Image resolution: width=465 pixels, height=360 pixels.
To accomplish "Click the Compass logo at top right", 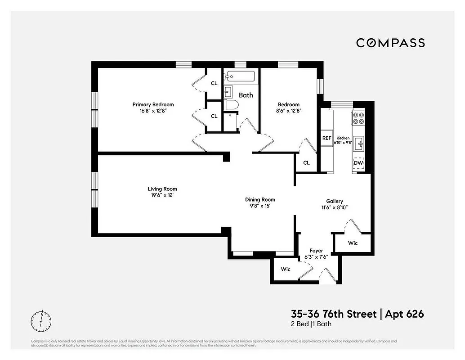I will tap(390, 43).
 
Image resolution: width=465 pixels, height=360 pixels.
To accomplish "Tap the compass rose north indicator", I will tap(41, 321).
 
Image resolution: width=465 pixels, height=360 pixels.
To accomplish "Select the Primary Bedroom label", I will tap(153, 104).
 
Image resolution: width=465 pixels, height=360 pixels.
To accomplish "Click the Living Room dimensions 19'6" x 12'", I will tap(162, 195).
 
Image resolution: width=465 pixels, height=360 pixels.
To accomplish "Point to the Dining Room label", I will tap(260, 199).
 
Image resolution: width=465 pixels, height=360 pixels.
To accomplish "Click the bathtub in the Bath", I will tap(241, 76).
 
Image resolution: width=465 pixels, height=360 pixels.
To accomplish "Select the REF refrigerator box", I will tap(326, 138).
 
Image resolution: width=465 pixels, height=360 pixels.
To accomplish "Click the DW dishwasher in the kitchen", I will tap(358, 163).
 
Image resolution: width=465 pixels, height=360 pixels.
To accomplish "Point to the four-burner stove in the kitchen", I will tap(358, 118).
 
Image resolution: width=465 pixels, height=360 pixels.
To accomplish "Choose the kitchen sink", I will tap(358, 144).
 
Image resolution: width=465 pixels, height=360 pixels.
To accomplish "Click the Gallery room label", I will tap(335, 201).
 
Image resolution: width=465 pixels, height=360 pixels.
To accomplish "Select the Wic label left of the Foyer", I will tap(286, 269).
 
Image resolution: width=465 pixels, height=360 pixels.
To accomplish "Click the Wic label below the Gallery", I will tap(353, 243).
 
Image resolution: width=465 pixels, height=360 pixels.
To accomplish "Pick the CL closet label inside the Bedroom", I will tap(306, 163).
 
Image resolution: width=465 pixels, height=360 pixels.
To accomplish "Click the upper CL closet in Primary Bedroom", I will tap(214, 83).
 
